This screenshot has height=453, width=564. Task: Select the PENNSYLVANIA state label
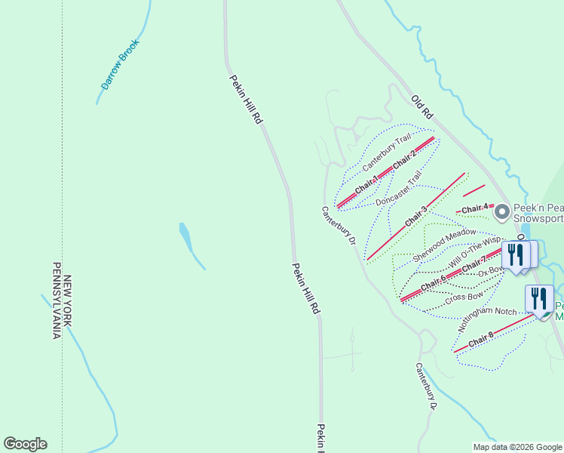tap(56, 300)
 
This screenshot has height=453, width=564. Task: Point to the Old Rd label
tap(422, 106)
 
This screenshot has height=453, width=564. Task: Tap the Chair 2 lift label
tap(404, 159)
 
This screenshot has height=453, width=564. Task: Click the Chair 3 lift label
tap(415, 217)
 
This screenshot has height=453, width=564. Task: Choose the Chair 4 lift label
tap(476, 208)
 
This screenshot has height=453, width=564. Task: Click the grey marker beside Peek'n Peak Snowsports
tap(503, 214)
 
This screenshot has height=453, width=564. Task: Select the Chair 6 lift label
tap(434, 284)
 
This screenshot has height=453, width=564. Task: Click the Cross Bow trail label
tap(464, 298)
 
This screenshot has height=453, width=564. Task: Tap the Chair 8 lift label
tap(480, 341)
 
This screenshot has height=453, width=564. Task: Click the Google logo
tap(25, 444)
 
